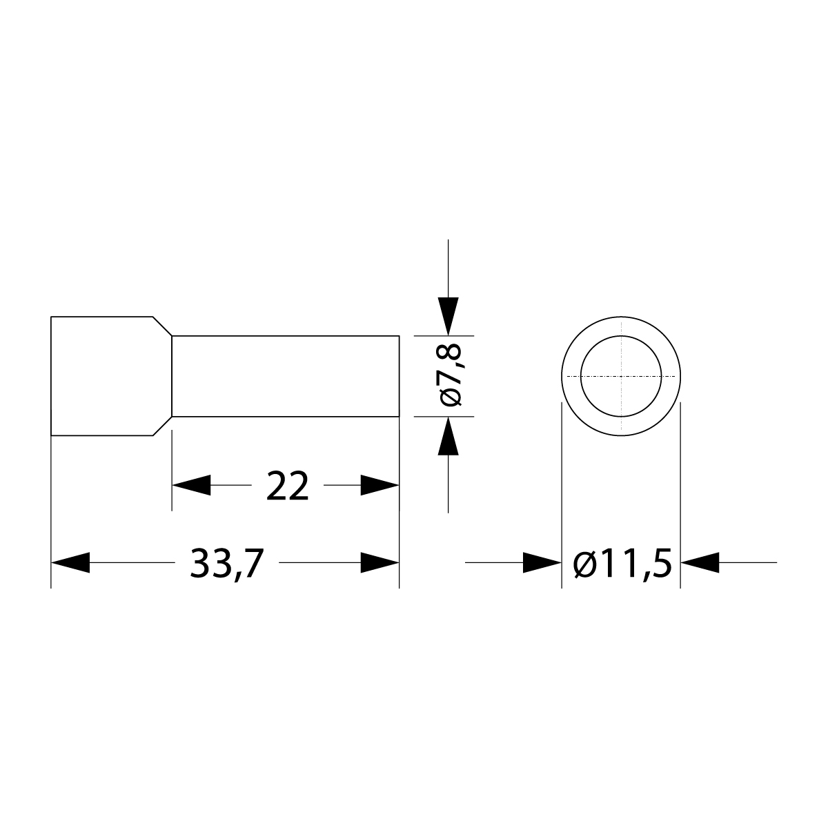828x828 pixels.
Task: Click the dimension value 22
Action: click(x=287, y=486)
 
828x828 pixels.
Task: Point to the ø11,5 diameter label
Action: click(x=622, y=564)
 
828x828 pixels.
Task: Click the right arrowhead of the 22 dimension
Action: click(x=379, y=485)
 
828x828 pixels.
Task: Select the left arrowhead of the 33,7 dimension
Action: click(x=70, y=562)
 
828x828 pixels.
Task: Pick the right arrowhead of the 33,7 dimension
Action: click(x=379, y=562)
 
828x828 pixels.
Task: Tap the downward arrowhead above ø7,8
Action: click(x=448, y=317)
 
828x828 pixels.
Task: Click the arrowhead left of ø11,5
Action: click(x=542, y=562)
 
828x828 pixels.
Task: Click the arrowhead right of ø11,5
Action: click(x=700, y=562)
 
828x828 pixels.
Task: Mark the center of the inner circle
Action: click(x=622, y=376)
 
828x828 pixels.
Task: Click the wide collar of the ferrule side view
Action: click(x=103, y=376)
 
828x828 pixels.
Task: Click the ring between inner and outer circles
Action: click(x=572, y=376)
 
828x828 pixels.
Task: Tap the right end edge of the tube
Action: click(x=399, y=376)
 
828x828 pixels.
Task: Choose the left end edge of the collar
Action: click(x=51, y=376)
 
